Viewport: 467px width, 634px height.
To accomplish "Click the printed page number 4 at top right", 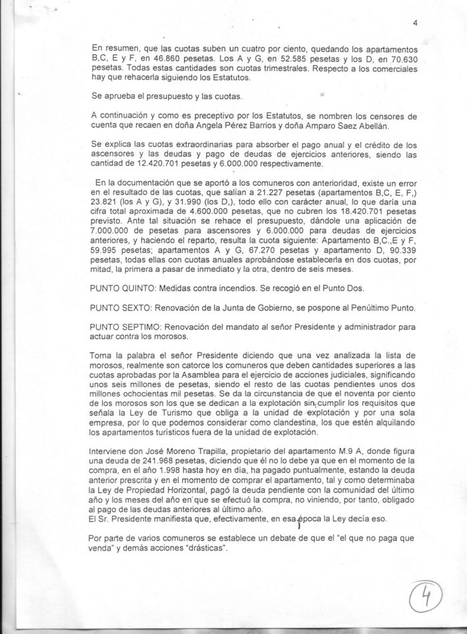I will point(414,23).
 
